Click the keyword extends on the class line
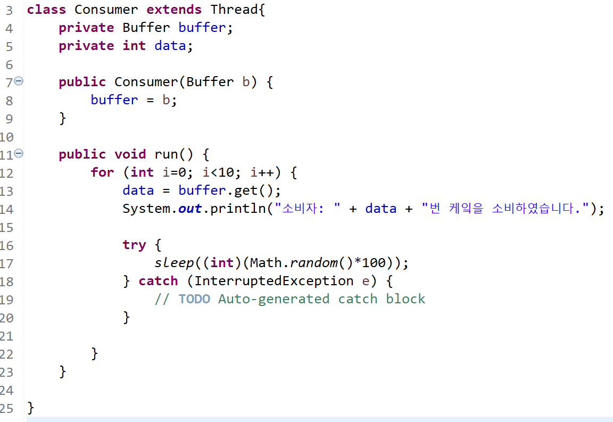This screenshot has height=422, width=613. pos(174,10)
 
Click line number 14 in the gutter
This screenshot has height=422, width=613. pos(6,209)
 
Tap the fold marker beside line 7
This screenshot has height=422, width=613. pos(19,81)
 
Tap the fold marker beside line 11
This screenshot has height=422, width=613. pos(19,154)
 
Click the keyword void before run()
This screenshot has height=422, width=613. pos(130,154)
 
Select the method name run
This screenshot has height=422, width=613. pos(167,154)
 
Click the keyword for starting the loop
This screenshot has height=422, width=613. pos(102,172)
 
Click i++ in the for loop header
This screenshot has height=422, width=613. pos(262,172)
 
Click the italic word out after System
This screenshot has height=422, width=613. pos(190,209)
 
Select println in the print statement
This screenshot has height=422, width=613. pos(238,209)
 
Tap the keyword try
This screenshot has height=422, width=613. pos(134,245)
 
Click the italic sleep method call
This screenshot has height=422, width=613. pos(174,263)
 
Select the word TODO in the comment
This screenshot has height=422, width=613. pos(194,299)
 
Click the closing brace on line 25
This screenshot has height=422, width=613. pos(30,408)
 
